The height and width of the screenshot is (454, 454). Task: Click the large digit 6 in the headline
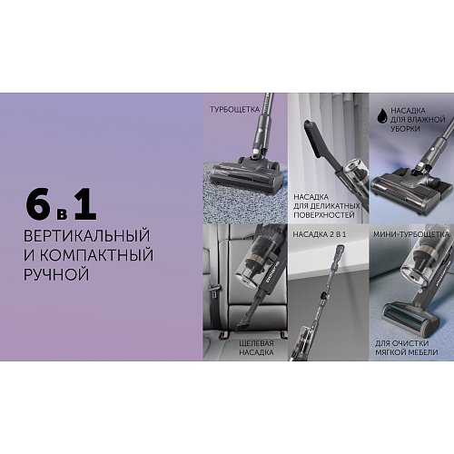40,204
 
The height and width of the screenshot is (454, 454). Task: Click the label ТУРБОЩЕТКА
235,109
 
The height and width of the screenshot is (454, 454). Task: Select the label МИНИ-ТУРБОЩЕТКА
405,234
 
